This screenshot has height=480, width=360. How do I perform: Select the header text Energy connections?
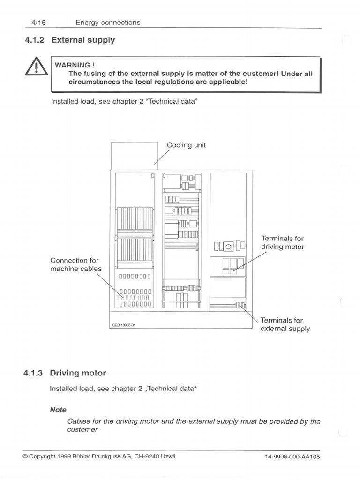pyautogui.click(x=108, y=22)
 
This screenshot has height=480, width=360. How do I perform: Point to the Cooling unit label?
pyautogui.click(x=186, y=145)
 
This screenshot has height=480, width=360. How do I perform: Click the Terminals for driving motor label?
pyautogui.click(x=282, y=243)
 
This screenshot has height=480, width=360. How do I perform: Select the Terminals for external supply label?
pyautogui.click(x=285, y=324)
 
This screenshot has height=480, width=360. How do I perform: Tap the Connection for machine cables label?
pyautogui.click(x=75, y=264)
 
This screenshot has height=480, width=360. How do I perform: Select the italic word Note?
pyautogui.click(x=58, y=409)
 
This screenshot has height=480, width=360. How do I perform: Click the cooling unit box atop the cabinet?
pyautogui.click(x=134, y=155)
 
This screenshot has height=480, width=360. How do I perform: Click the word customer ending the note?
pyautogui.click(x=82, y=429)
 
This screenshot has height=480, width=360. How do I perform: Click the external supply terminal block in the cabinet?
pyautogui.click(x=240, y=306)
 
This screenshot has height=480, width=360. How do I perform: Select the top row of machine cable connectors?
pyautogui.click(x=135, y=276)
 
